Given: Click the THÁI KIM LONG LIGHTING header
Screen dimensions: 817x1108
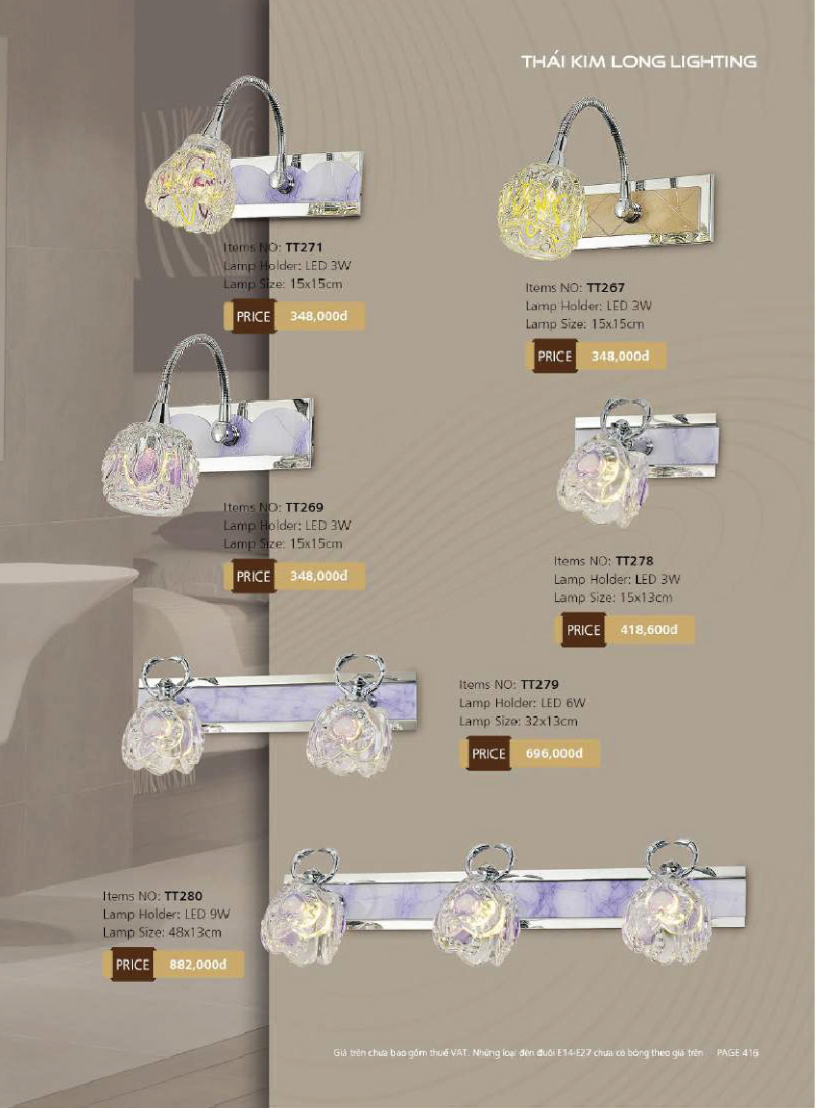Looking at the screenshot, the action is [x=639, y=62].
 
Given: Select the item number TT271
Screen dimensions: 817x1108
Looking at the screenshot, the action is [x=303, y=248].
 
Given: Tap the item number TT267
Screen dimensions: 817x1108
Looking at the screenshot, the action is [x=606, y=288].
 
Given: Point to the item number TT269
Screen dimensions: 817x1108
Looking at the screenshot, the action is [x=303, y=508].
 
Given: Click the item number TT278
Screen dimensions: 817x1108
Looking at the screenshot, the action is [x=634, y=561].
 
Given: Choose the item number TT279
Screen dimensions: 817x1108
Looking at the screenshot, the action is [x=540, y=685].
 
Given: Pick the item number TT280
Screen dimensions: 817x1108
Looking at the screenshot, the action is [x=183, y=896].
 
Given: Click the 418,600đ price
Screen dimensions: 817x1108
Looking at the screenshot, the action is [x=648, y=629].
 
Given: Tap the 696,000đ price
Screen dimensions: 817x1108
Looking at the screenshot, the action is [x=554, y=753].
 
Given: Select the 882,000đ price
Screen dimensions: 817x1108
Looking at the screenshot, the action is [x=198, y=963].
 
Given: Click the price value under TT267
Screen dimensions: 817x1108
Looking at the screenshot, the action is [x=619, y=356].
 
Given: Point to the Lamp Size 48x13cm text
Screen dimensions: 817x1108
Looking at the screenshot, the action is [x=162, y=933].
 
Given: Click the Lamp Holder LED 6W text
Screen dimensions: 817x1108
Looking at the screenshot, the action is [x=522, y=703].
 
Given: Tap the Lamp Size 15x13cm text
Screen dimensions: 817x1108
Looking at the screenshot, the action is [x=613, y=597].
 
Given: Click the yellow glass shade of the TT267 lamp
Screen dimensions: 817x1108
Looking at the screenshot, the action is [x=541, y=210].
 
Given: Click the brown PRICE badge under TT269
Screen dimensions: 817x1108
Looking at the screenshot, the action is [x=253, y=576].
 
